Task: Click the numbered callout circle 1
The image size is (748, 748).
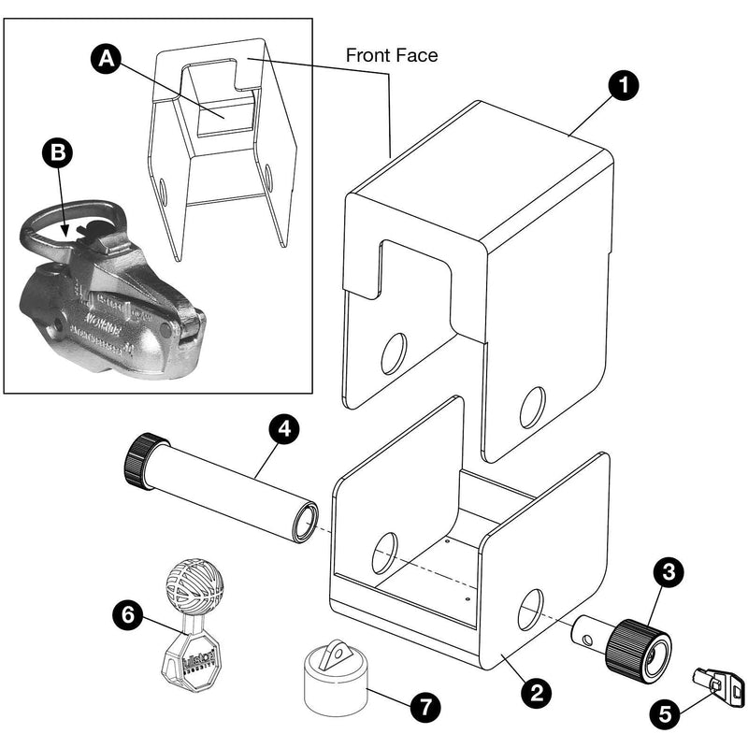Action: pos(623,85)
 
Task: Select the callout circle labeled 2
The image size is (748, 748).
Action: pos(536,693)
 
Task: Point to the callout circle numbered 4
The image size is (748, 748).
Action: pos(285,430)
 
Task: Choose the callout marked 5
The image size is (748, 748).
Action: pos(666,715)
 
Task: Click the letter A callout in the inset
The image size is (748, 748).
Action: pos(108,58)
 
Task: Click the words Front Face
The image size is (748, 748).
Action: pos(392,55)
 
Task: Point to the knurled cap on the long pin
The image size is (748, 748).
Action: pos(143,462)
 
